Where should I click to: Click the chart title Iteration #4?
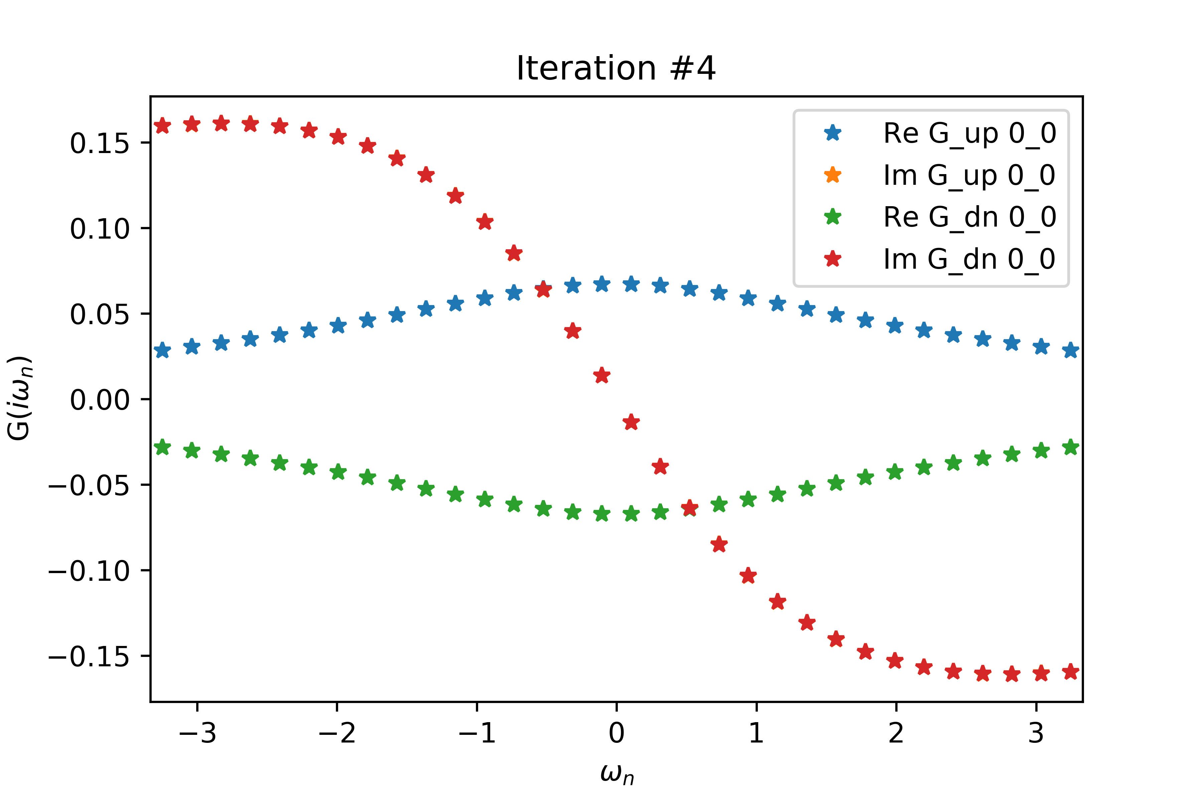tap(616, 68)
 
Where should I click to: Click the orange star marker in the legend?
tap(833, 175)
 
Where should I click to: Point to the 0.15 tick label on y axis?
tap(100, 143)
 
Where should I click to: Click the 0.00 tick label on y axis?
tap(100, 399)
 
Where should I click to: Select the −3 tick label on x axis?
tap(197, 733)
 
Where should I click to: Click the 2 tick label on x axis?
tap(896, 733)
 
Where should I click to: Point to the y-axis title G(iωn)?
tap(19, 398)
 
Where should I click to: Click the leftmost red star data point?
tap(162, 125)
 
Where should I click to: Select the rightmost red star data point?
tap(1071, 672)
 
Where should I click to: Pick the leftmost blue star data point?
tap(162, 350)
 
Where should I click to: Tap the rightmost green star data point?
tap(1071, 447)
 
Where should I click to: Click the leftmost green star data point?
tap(162, 447)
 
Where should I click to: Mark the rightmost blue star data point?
tap(1071, 350)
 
